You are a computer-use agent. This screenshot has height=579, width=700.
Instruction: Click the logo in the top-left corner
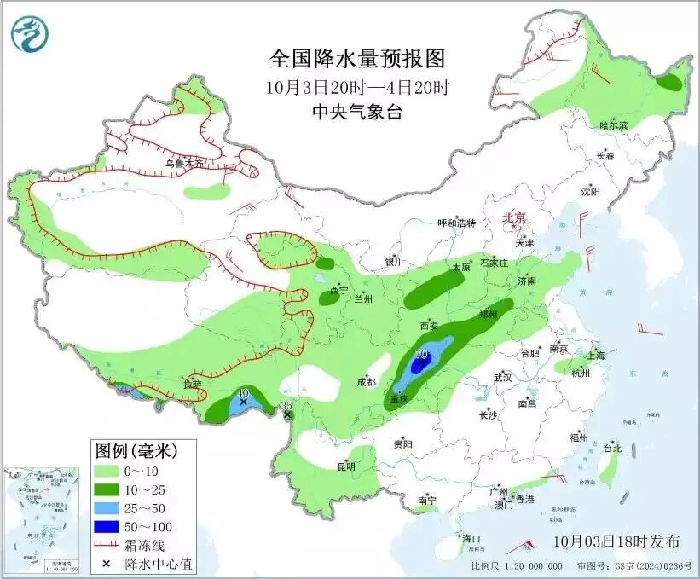(30, 33)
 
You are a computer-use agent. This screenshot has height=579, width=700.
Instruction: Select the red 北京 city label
(516, 217)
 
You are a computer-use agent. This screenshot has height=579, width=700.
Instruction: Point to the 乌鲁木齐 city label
(184, 163)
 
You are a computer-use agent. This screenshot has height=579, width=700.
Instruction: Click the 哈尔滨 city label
(612, 125)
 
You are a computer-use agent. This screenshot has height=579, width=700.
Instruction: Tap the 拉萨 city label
(192, 384)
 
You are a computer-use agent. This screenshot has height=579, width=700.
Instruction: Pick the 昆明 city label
(345, 466)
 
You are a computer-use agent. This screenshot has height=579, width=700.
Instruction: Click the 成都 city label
(367, 382)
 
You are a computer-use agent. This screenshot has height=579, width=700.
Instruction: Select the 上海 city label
(595, 355)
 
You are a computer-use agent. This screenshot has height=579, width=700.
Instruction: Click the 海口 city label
(471, 539)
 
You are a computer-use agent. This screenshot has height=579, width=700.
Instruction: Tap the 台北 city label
(612, 448)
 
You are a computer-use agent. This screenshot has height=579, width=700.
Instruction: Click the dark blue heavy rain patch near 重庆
(419, 365)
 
